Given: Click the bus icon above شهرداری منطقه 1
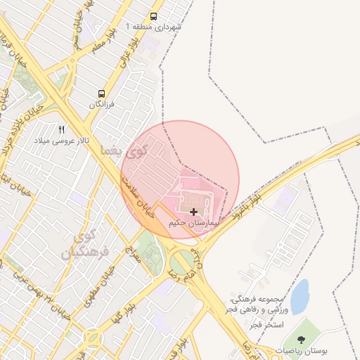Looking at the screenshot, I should pos(154,16).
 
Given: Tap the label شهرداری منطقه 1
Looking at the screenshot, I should pos(154,27).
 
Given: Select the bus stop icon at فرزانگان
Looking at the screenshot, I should pos(103,94).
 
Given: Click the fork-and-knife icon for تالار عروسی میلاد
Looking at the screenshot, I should pos(62,130).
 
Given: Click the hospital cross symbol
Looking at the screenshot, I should pos(193,212).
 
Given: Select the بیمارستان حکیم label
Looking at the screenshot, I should pos(194,223).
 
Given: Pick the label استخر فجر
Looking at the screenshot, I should pos(268,325).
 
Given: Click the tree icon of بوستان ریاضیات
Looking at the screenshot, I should pos(302,340).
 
